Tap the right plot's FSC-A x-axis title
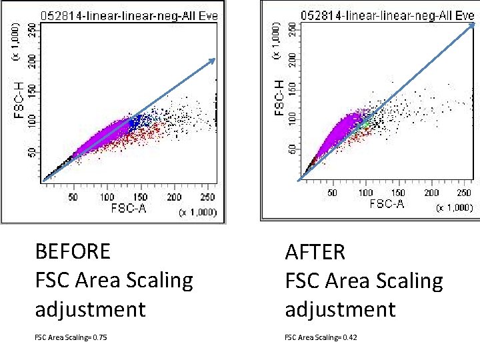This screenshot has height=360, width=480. (x=387, y=204)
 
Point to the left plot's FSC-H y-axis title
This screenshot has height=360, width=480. (x=19, y=100)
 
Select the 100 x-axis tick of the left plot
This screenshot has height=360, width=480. (x=107, y=197)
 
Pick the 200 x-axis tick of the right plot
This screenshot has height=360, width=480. (x=432, y=193)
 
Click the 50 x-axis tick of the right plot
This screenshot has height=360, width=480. (x=332, y=193)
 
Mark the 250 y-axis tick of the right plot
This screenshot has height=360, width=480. (x=291, y=30)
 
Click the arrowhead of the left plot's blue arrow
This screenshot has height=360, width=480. (x=213, y=61)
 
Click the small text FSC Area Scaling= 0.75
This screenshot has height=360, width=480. (x=71, y=337)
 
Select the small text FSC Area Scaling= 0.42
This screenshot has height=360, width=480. (x=321, y=337)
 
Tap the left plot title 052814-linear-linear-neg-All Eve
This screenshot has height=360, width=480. (x=129, y=15)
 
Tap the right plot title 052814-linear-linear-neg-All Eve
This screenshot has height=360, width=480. (x=387, y=14)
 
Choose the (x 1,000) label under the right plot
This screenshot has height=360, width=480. (x=457, y=208)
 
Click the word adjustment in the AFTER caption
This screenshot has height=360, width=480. (x=340, y=309)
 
